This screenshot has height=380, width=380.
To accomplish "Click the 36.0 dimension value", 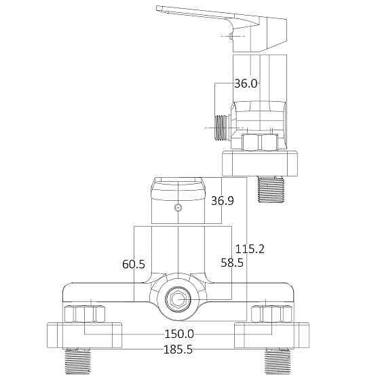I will pyautogui.click(x=246, y=84).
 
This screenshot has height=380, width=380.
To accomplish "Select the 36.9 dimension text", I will pyautogui.click(x=222, y=201).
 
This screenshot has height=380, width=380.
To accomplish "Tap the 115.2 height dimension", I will pyautogui.click(x=250, y=249).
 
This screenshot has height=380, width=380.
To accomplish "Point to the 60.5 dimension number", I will pyautogui.click(x=134, y=263).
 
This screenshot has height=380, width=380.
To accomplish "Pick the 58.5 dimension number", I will pyautogui.click(x=232, y=263).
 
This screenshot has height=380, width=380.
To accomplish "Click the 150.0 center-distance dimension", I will pyautogui.click(x=179, y=334).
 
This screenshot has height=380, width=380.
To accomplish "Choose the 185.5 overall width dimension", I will pyautogui.click(x=178, y=349).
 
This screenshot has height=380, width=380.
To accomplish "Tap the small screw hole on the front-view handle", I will pyautogui.click(x=178, y=208).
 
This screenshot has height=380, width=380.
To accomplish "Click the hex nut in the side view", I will pyautogui.click(x=259, y=143).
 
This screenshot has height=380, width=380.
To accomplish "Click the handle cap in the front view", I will pyautogui.click(x=178, y=187).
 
